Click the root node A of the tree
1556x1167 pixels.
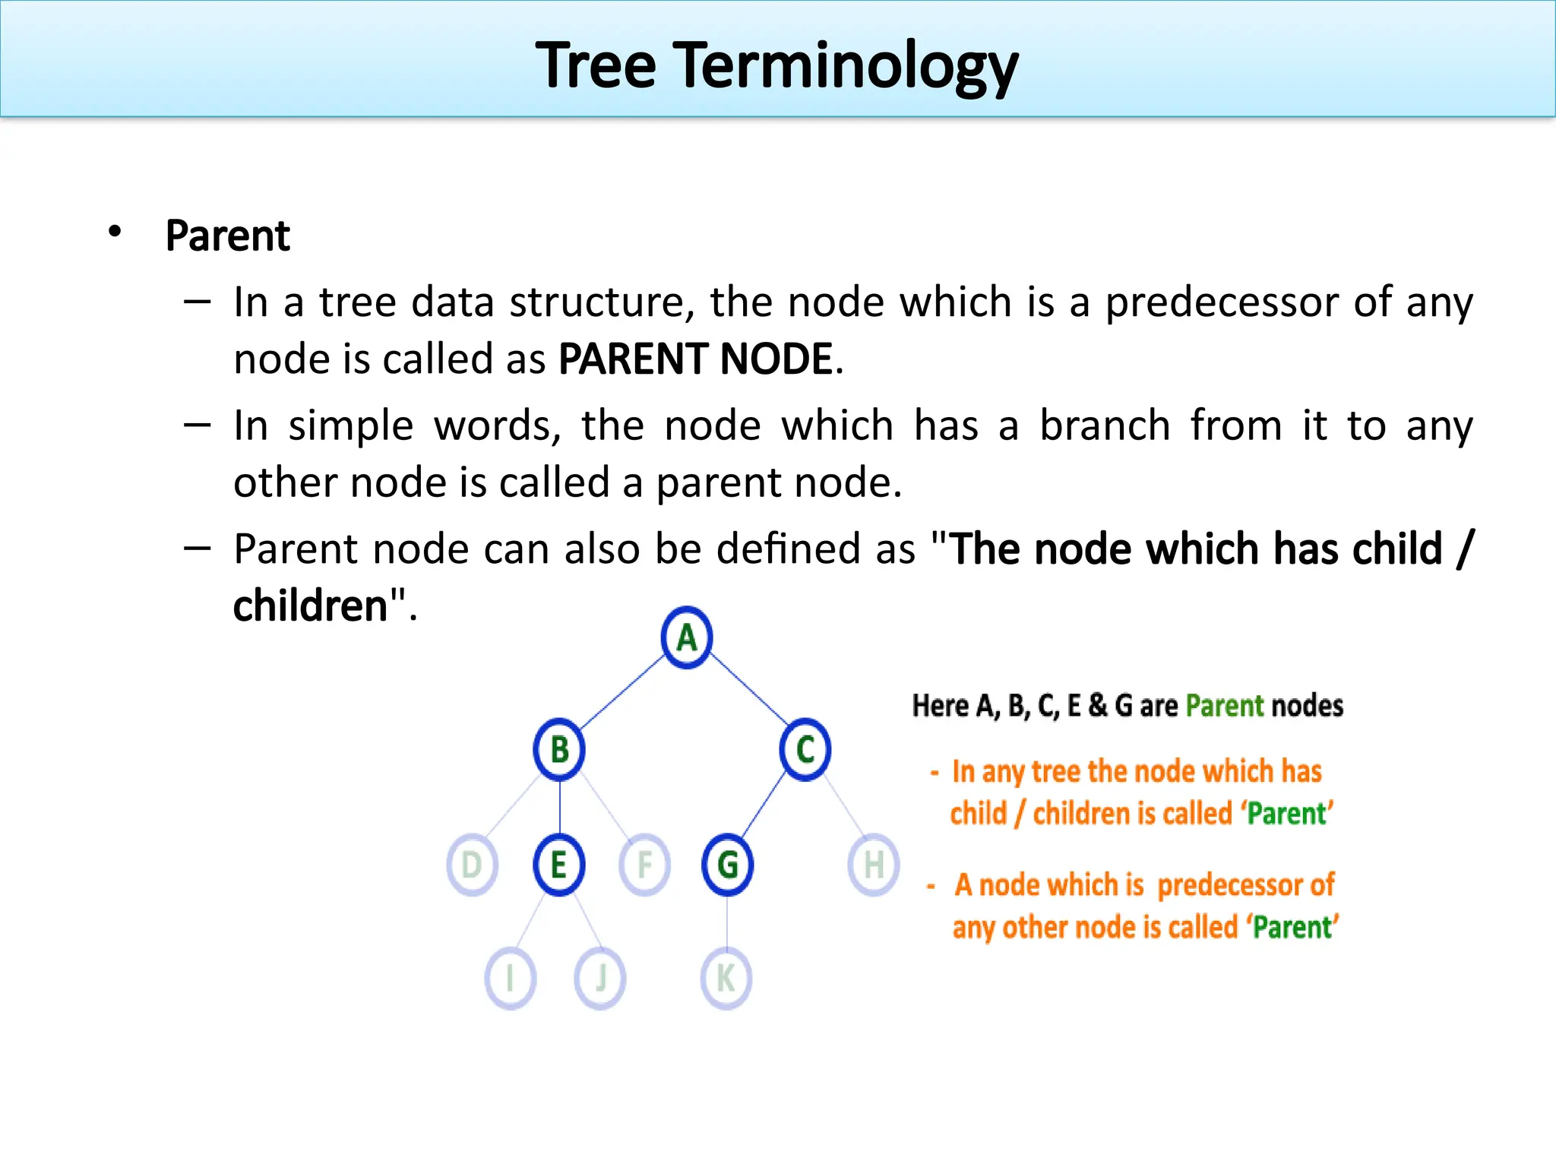coord(687,637)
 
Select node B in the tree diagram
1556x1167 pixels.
coord(559,749)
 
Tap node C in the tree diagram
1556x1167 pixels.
coord(805,749)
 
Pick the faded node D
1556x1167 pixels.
coord(472,865)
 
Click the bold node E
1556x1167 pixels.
coord(558,865)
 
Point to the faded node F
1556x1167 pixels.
coord(644,865)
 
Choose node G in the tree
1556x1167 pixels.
coord(727,865)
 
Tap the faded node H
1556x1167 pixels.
coord(874,865)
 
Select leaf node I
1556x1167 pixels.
coord(510,978)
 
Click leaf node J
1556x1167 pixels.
coord(600,978)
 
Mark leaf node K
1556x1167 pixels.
coord(726,978)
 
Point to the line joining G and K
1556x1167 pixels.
coord(727,922)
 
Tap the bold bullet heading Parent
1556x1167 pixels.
coord(227,236)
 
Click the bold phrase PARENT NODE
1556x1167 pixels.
coord(695,359)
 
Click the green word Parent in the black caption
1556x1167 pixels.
coord(1224,706)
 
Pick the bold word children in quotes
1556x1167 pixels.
coord(310,606)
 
